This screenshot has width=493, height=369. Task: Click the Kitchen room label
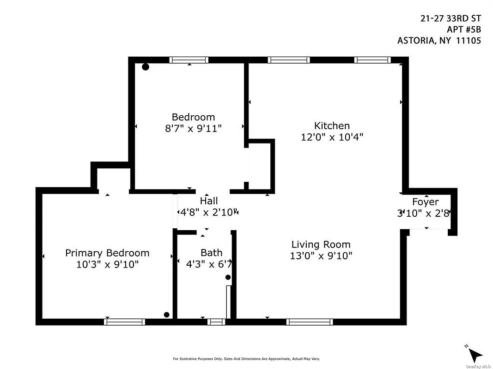pyautogui.click(x=332, y=125)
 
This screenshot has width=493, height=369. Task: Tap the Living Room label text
pyautogui.click(x=321, y=244)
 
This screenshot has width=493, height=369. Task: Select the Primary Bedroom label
pyautogui.click(x=107, y=253)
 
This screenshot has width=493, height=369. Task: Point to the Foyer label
pyautogui.click(x=425, y=202)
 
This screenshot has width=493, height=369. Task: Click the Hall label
pyautogui.click(x=208, y=201)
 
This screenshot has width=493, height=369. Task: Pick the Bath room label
pyautogui.click(x=211, y=253)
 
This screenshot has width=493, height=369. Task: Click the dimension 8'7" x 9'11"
pyautogui.click(x=193, y=129)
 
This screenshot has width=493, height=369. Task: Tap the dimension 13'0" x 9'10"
pyautogui.click(x=321, y=256)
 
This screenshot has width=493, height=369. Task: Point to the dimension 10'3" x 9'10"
pyautogui.click(x=107, y=265)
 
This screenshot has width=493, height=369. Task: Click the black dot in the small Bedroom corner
pyautogui.click(x=146, y=67)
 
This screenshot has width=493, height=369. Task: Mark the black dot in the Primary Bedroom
pyautogui.click(x=167, y=315)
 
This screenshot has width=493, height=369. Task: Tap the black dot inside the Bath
pyautogui.click(x=228, y=277)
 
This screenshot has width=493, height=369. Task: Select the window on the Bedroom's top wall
pyautogui.click(x=189, y=60)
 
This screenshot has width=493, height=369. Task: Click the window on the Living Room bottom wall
pyautogui.click(x=309, y=321)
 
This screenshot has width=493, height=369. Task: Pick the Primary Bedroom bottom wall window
pyautogui.click(x=124, y=321)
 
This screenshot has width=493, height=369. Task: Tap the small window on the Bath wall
pyautogui.click(x=216, y=321)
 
